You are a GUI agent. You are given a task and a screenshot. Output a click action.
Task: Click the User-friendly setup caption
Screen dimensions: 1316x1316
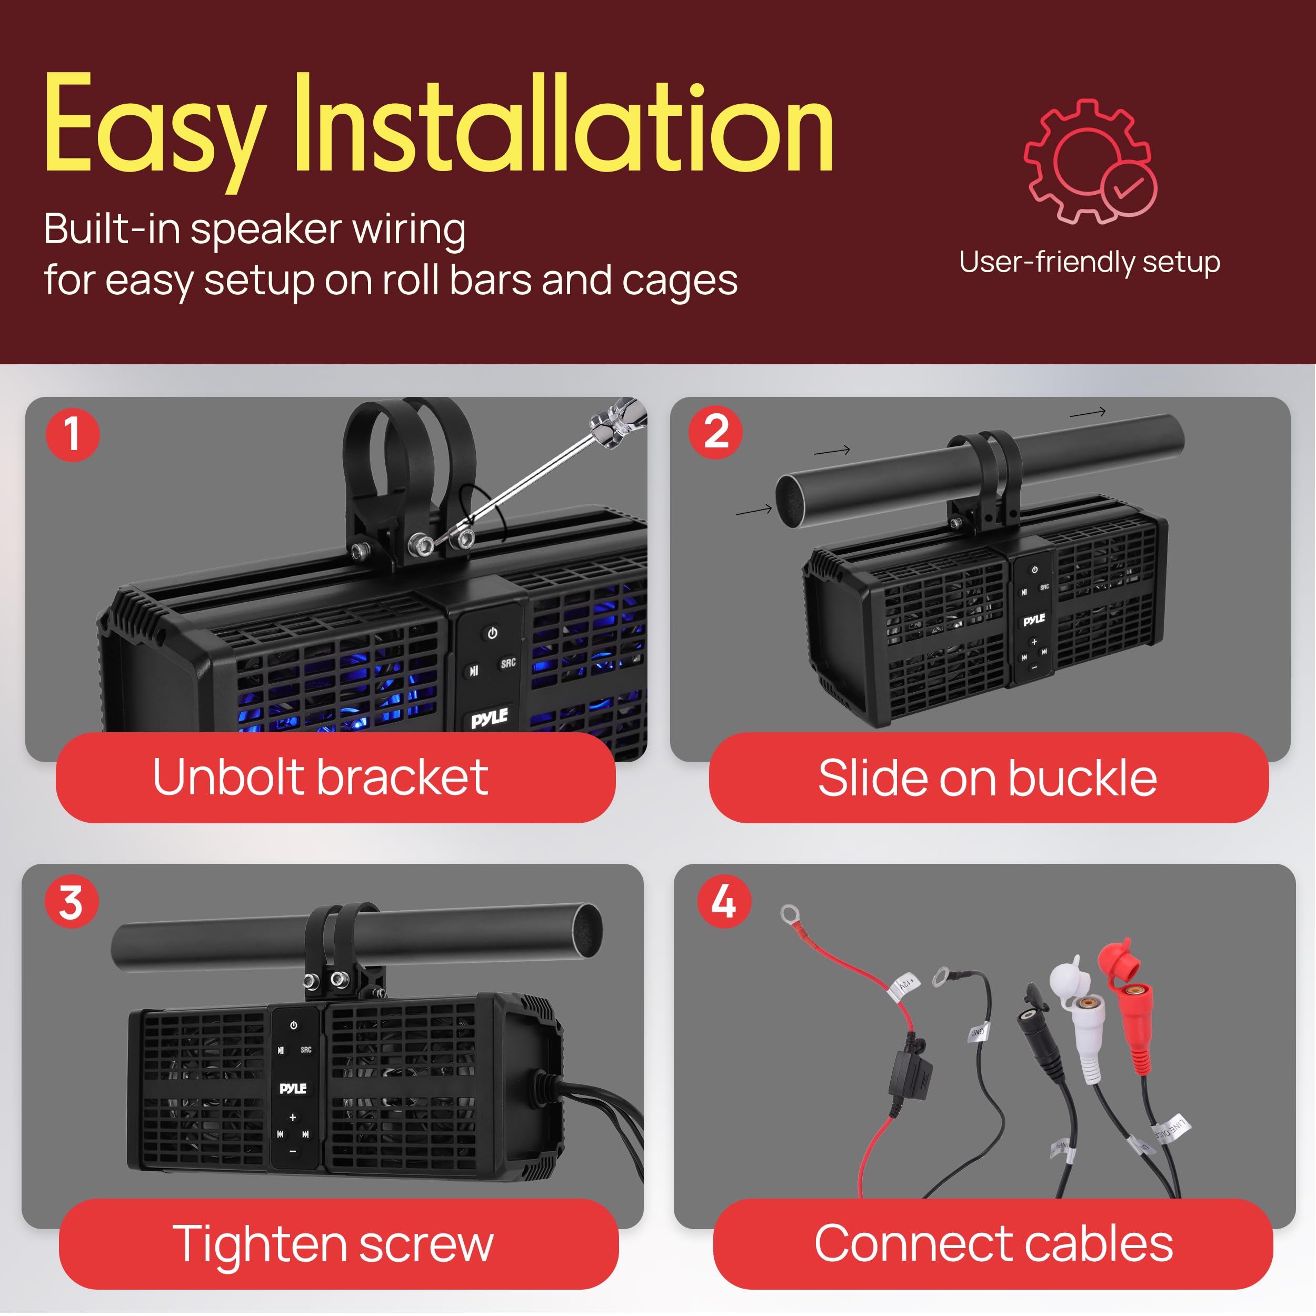point(1089,262)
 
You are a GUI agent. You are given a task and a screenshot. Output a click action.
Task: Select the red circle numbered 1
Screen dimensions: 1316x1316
point(72,435)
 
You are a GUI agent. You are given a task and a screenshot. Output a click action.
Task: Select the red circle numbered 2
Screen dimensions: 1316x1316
point(715,432)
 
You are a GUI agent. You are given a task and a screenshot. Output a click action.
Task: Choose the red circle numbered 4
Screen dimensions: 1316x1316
point(723,902)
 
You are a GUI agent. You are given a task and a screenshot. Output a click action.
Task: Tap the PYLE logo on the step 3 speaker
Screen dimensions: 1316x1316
point(293,1089)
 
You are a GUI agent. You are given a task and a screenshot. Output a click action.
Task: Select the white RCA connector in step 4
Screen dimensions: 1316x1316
point(1084,1022)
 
